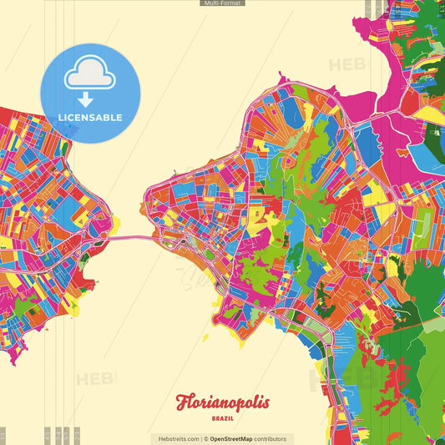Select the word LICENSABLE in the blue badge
click(x=89, y=118)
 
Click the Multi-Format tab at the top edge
click(x=222, y=3)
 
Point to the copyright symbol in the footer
click(x=205, y=438)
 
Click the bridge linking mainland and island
click(x=129, y=239)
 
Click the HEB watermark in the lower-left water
click(x=94, y=380)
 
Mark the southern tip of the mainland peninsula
click(x=13, y=362)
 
